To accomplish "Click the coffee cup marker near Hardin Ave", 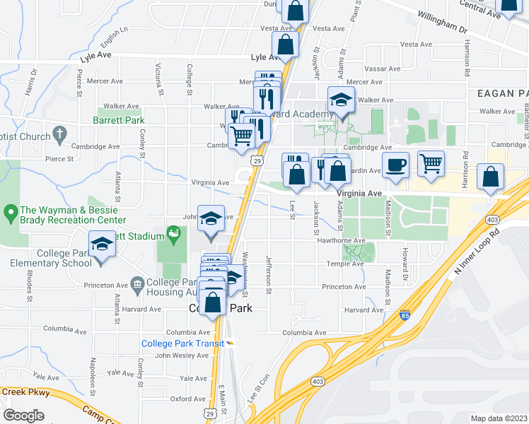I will (396, 165).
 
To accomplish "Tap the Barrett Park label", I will (118, 121).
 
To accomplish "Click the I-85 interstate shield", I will (404, 317).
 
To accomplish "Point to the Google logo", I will (23, 416).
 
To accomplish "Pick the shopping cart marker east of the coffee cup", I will (431, 164).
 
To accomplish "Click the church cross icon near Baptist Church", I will (60, 133).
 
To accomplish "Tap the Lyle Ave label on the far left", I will (96, 54).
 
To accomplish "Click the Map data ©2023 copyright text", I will (499, 418).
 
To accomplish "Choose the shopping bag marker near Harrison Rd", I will (490, 177).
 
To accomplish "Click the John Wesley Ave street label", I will (182, 355).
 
